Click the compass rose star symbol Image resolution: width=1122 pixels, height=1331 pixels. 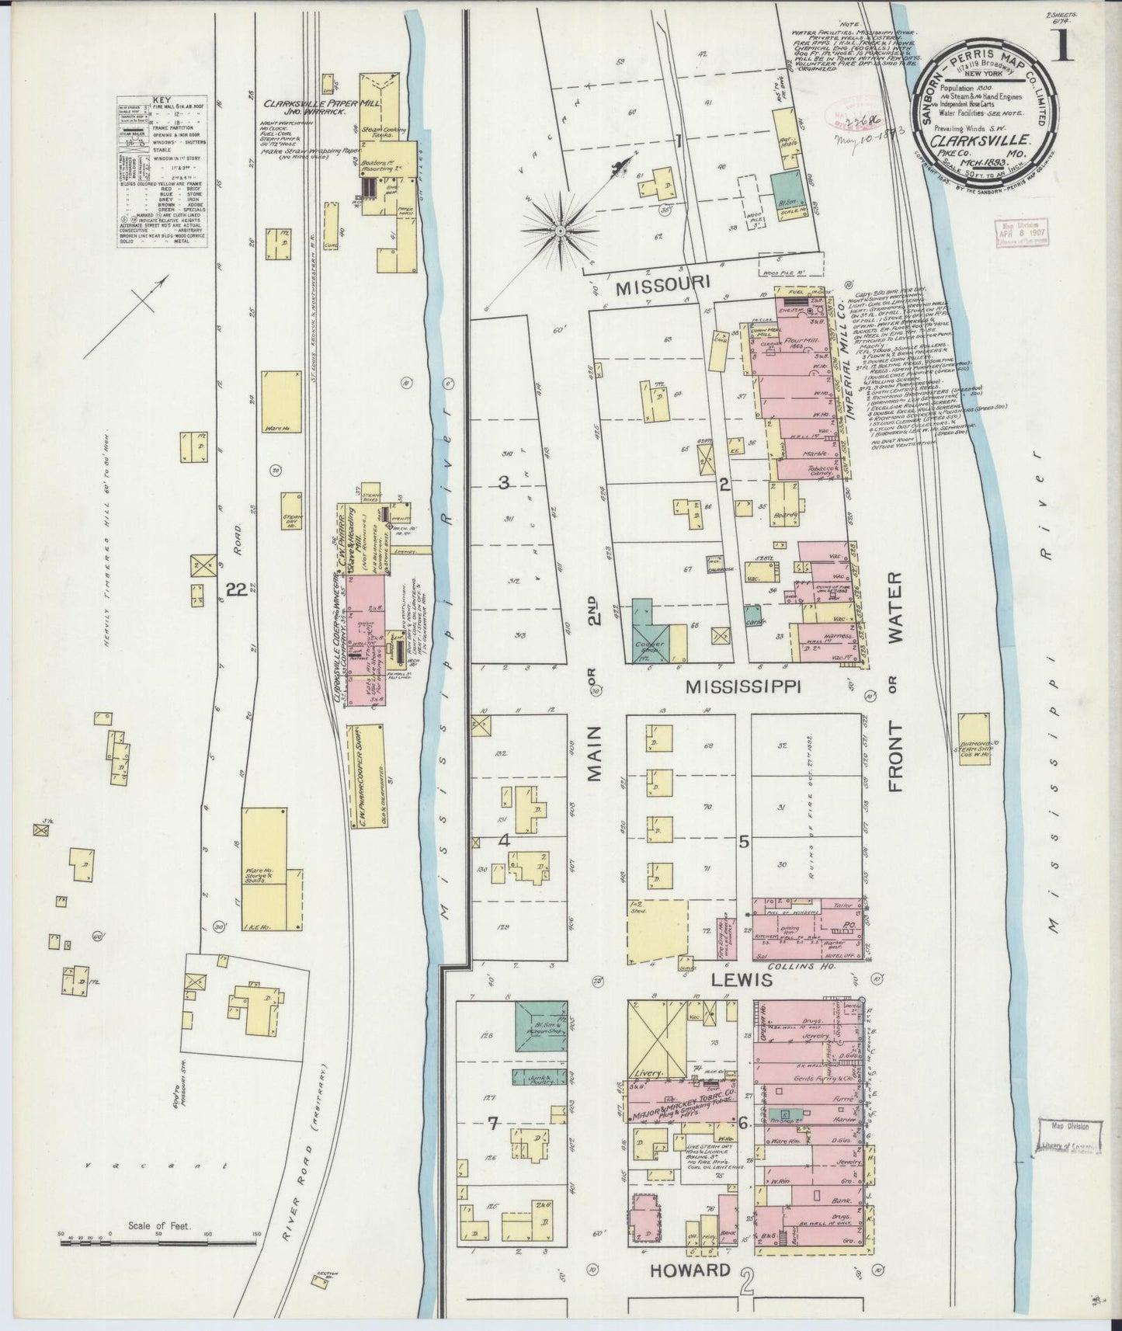click(564, 231)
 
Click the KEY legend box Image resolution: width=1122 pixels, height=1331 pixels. click(162, 171)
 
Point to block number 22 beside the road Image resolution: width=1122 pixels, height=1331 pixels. click(236, 590)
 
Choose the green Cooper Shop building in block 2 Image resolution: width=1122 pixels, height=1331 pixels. click(651, 629)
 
